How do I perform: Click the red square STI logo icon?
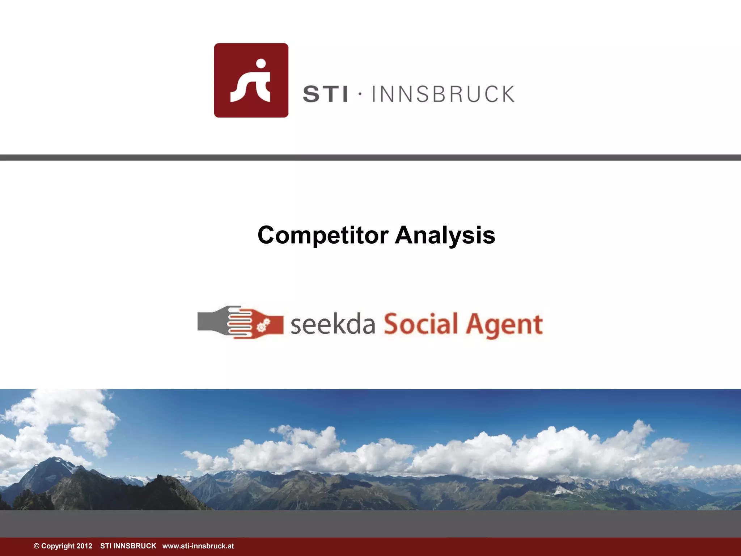[251, 80]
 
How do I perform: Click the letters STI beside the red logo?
[325, 94]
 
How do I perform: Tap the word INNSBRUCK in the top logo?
[443, 94]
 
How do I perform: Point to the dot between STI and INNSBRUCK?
[360, 94]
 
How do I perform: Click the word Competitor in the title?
[323, 236]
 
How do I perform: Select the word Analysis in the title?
[445, 236]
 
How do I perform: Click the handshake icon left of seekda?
[240, 322]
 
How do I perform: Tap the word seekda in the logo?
[333, 324]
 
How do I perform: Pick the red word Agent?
[504, 325]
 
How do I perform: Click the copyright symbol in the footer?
[37, 546]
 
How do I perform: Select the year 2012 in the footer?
[84, 546]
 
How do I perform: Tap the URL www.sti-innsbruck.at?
[198, 546]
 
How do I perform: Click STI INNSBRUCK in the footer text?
[128, 546]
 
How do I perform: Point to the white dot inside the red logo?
[261, 64]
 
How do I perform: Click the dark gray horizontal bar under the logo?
[370, 157]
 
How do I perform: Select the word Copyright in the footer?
[58, 546]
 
